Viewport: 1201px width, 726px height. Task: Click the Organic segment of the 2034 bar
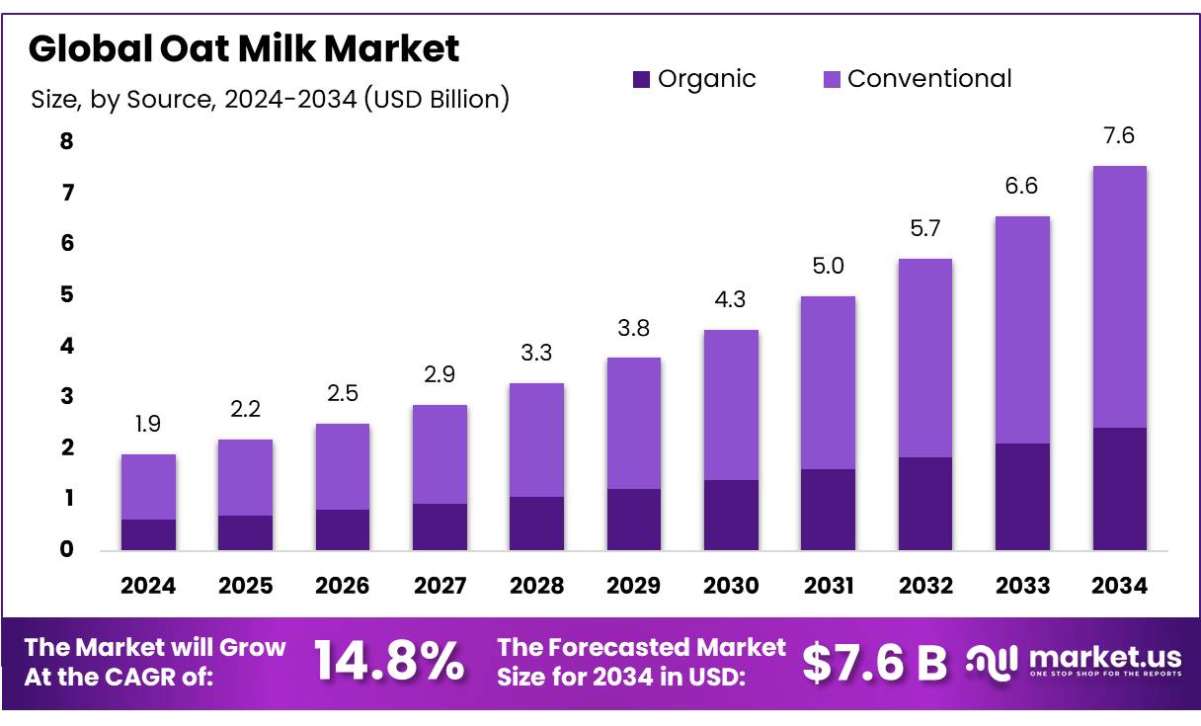pyautogui.click(x=1119, y=489)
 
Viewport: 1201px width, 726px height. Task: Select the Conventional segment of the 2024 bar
pyautogui.click(x=148, y=487)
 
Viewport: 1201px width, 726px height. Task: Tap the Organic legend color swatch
pyautogui.click(x=642, y=80)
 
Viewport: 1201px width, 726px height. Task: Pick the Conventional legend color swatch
pyautogui.click(x=832, y=80)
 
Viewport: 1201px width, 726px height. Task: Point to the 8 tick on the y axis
pyautogui.click(x=67, y=141)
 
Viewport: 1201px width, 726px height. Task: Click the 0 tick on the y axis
pyautogui.click(x=67, y=550)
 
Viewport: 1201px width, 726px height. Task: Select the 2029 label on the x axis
pyautogui.click(x=633, y=586)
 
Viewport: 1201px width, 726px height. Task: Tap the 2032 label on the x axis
pyautogui.click(x=925, y=586)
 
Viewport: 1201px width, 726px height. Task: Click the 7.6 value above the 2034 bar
pyautogui.click(x=1119, y=136)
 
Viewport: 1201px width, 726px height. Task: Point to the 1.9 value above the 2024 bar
pyautogui.click(x=148, y=425)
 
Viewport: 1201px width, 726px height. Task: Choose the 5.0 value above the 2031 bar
pyautogui.click(x=828, y=266)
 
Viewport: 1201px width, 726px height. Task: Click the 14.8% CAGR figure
pyautogui.click(x=388, y=662)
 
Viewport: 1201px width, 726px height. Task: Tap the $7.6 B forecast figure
pyautogui.click(x=874, y=663)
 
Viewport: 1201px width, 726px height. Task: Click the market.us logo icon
pyautogui.click(x=991, y=663)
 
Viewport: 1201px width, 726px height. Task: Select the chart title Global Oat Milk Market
pyautogui.click(x=244, y=47)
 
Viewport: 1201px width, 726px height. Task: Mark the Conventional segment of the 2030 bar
pyautogui.click(x=731, y=405)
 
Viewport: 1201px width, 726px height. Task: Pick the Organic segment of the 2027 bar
pyautogui.click(x=440, y=526)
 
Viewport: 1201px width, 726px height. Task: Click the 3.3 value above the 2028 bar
pyautogui.click(x=536, y=353)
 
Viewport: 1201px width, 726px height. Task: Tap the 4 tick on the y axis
pyautogui.click(x=67, y=346)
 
